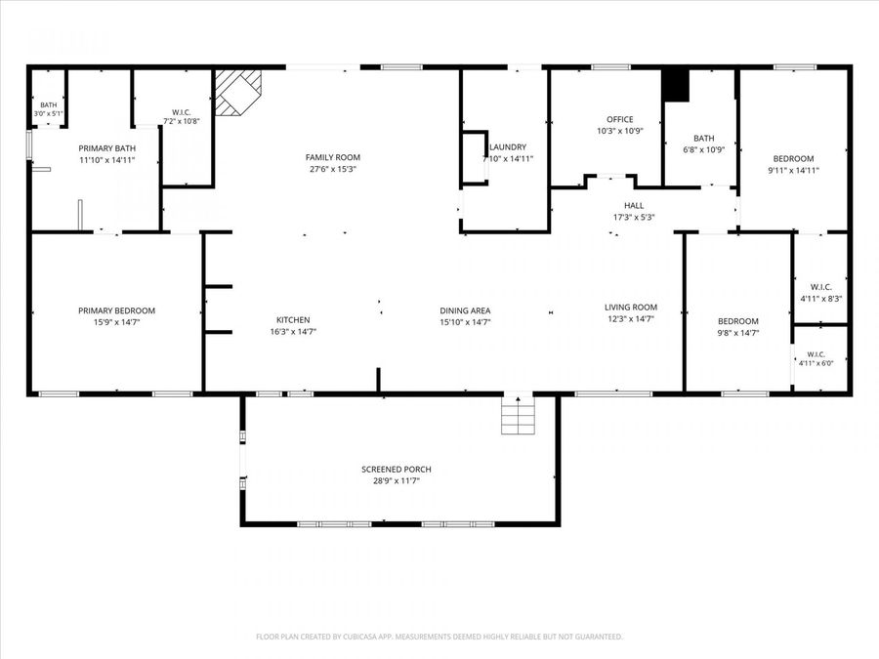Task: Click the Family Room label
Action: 333,157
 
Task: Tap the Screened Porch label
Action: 397,469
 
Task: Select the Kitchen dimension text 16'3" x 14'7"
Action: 293,331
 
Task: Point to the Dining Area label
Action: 465,310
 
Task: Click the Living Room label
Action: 631,308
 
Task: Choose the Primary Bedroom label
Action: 116,310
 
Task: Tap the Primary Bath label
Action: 107,148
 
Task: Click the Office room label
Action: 620,119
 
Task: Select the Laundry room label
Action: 508,146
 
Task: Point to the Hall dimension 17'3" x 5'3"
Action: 634,217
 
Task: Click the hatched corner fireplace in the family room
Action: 238,93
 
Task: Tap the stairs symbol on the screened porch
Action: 518,415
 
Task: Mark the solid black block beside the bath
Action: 676,85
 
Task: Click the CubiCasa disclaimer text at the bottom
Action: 439,637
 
